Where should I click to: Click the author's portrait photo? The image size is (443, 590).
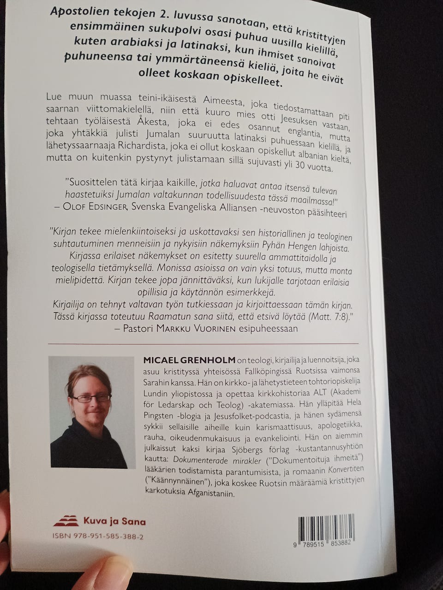click(x=92, y=412)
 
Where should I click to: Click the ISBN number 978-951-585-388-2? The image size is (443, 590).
click(x=98, y=537)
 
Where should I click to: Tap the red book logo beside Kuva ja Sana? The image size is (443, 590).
click(x=66, y=520)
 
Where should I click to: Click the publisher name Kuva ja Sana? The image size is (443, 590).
click(x=114, y=521)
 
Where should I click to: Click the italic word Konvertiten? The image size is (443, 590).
click(x=346, y=469)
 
